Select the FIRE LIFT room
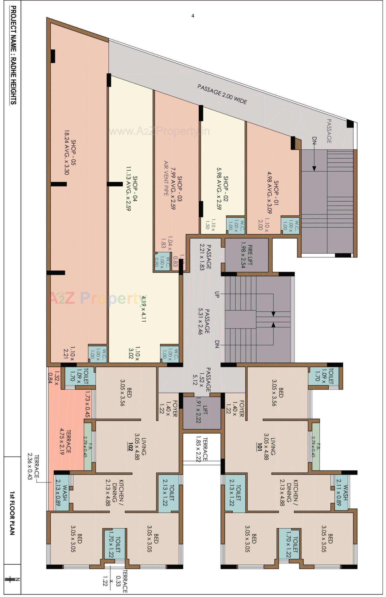(246, 255)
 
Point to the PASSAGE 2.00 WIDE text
(222, 94)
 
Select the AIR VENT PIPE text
(166, 178)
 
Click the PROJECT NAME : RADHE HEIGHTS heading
(13, 55)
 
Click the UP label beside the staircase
(217, 294)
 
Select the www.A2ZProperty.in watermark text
(159, 131)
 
